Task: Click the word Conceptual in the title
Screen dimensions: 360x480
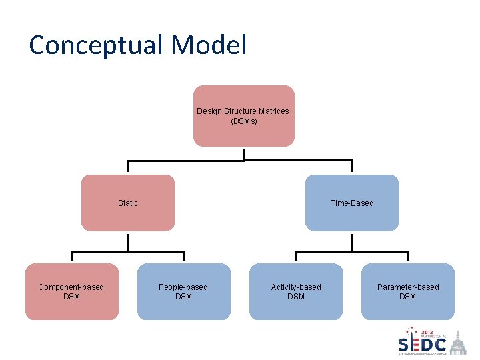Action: pos(95,45)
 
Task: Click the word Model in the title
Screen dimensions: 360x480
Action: pos(209,45)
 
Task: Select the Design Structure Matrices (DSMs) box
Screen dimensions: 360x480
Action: pos(243,115)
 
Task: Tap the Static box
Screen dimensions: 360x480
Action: pos(128,203)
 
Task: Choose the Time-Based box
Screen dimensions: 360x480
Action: pos(352,203)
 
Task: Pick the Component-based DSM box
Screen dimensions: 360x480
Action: pos(72,291)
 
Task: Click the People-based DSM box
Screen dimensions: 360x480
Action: pos(183,291)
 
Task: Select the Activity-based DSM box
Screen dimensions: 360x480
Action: pos(296,291)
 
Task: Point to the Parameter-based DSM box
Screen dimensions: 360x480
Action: pos(408,291)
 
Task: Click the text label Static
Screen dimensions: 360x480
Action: pos(128,203)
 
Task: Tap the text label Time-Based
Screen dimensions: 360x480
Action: pos(352,203)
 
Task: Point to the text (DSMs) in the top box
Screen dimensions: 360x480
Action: pos(243,121)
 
